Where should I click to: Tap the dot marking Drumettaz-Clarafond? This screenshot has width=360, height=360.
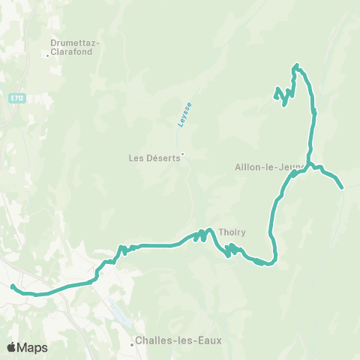pyautogui.click(x=48, y=54)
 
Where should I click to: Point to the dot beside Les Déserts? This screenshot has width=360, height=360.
pyautogui.click(x=182, y=156)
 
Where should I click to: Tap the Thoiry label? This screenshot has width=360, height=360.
pyautogui.click(x=232, y=232)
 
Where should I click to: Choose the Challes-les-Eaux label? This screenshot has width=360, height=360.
pyautogui.click(x=175, y=340)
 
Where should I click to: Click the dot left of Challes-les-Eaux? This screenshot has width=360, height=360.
pyautogui.click(x=133, y=345)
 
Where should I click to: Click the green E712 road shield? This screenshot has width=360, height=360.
pyautogui.click(x=17, y=98)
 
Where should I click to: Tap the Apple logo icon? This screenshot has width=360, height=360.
pyautogui.click(x=11, y=347)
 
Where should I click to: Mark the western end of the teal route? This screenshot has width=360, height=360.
pyautogui.click(x=12, y=286)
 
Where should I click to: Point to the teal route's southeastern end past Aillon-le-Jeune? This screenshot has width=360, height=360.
pyautogui.click(x=342, y=187)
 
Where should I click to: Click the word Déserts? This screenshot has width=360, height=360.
pyautogui.click(x=163, y=158)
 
